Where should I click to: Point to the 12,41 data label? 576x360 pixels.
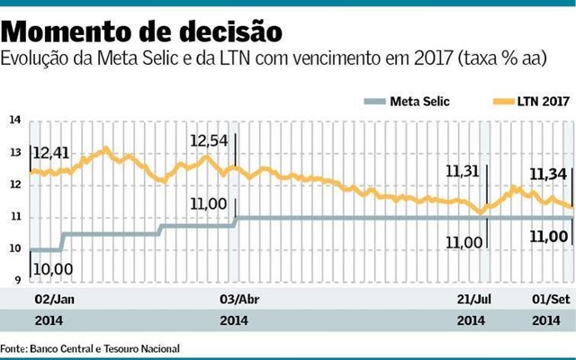coord(50,154)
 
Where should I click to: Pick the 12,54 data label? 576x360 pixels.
coord(210,141)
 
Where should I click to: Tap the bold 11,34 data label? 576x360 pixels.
coord(547,174)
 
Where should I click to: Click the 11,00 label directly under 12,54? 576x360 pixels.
coord(208,204)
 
